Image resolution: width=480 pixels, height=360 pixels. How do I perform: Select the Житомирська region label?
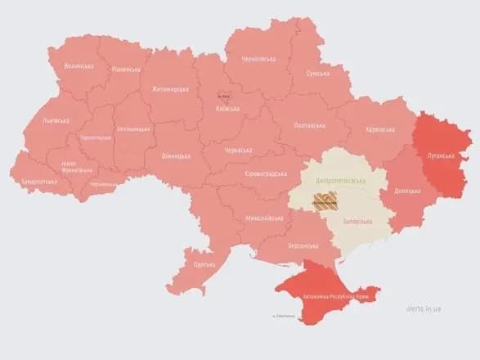point(168,89)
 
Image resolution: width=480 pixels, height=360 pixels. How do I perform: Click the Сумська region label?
point(317,73)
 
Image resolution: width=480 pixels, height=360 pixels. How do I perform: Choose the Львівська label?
point(55,120)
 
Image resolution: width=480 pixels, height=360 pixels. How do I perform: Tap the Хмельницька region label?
point(133,129)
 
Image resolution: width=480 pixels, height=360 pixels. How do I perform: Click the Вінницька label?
point(176,155)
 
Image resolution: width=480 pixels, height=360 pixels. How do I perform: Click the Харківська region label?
point(381,129)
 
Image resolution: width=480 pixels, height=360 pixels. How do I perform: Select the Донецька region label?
point(409,191)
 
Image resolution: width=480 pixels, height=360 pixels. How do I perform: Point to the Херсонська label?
point(303,245)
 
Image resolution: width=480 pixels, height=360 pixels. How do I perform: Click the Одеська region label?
point(204,265)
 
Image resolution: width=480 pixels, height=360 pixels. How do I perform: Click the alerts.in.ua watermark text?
point(424,308)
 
